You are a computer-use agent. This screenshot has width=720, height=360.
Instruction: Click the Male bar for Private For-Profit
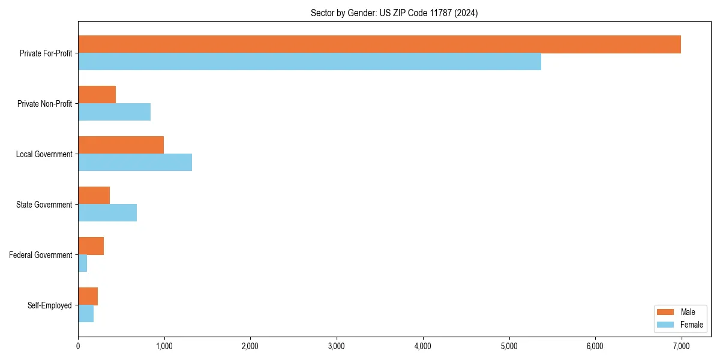(x=379, y=44)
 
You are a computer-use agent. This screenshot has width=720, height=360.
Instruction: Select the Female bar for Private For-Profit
(x=310, y=62)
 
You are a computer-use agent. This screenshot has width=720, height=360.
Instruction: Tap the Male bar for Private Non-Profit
(x=97, y=95)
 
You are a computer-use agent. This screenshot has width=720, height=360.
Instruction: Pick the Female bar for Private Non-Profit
(x=114, y=112)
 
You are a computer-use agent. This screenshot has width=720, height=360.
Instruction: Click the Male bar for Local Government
(x=121, y=145)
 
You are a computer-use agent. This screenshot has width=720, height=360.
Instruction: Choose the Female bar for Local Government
(x=135, y=163)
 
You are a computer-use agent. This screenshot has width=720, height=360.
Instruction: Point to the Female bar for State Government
(x=107, y=213)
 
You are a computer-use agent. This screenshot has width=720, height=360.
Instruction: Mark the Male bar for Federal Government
(x=91, y=246)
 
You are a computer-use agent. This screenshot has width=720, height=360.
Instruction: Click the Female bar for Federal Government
(x=83, y=263)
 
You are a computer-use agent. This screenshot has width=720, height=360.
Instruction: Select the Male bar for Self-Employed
(x=88, y=296)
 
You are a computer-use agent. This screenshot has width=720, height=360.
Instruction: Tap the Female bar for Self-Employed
(x=86, y=314)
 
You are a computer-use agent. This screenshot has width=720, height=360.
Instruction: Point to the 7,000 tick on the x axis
(x=681, y=346)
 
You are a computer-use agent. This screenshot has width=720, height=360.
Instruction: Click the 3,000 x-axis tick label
(x=337, y=346)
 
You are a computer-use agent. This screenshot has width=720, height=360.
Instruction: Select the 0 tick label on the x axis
(x=78, y=346)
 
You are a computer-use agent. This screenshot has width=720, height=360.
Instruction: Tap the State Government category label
(x=44, y=205)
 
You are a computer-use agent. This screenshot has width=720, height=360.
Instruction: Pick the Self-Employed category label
(x=50, y=305)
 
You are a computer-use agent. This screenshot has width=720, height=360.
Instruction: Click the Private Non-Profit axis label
(x=44, y=104)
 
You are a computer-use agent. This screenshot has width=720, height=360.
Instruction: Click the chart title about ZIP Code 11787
(x=394, y=13)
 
